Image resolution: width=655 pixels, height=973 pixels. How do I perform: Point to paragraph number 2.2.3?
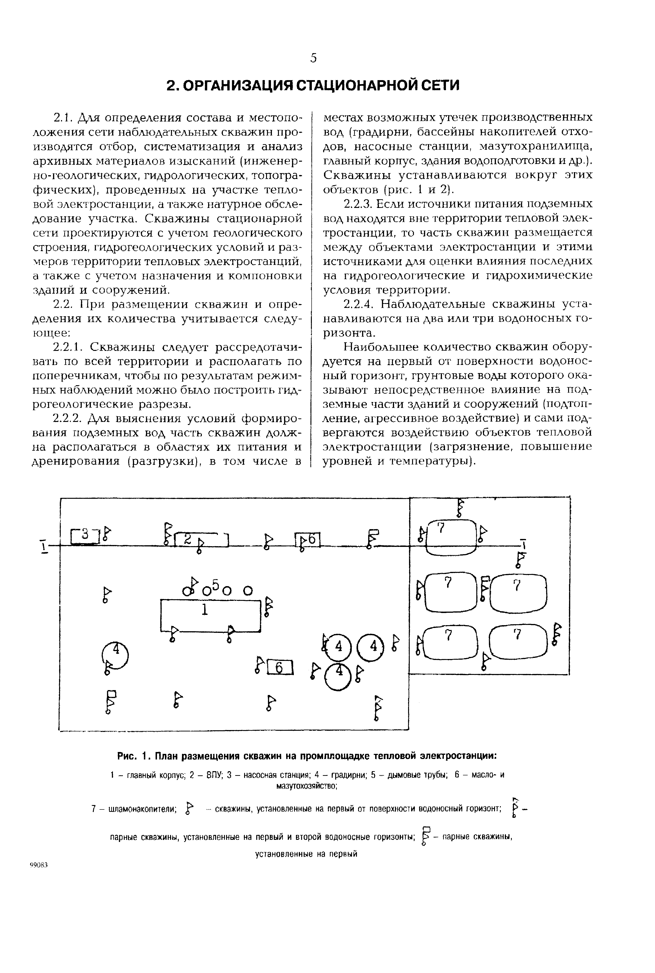358,204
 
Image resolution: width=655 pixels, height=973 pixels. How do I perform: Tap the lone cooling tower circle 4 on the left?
116,655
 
